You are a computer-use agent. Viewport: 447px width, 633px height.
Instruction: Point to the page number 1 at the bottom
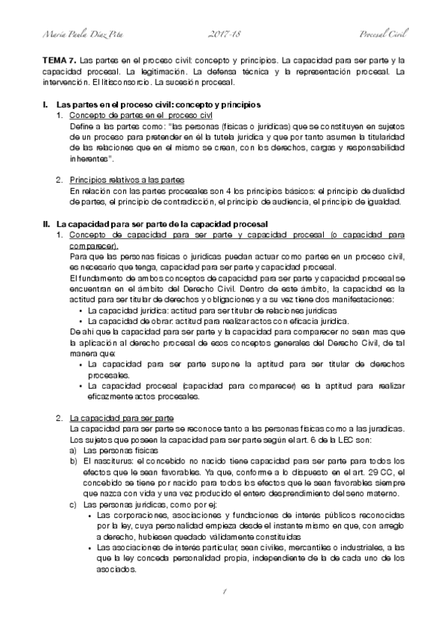(222, 593)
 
